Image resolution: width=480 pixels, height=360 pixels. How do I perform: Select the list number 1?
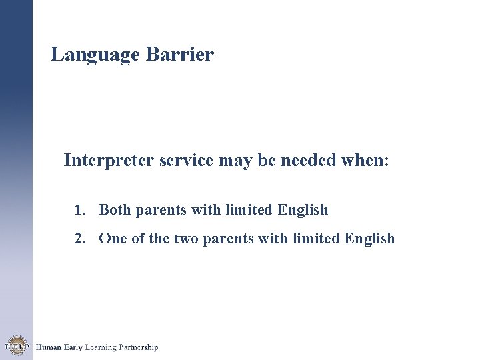(79, 210)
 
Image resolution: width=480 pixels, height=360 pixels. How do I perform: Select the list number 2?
(79, 239)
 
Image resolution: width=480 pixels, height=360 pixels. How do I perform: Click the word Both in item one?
(115, 210)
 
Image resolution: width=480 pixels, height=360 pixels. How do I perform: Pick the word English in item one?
(303, 211)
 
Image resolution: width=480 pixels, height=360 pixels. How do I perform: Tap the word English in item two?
(370, 239)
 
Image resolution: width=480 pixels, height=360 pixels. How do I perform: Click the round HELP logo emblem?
(16, 345)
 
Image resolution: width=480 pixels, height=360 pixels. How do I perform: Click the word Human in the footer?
(49, 347)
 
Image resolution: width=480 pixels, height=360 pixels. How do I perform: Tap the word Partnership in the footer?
(138, 347)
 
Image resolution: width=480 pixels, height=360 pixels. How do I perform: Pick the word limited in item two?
(317, 239)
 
